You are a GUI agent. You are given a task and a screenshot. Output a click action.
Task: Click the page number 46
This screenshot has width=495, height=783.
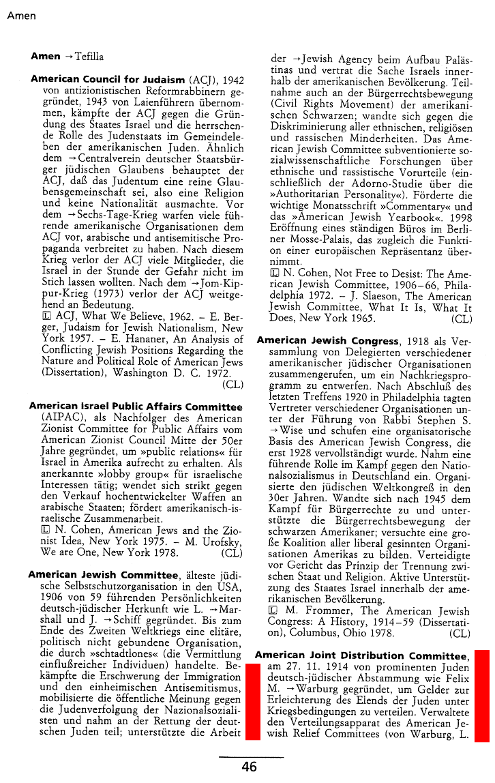(249, 767)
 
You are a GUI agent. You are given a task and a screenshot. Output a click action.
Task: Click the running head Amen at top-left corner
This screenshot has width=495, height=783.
(21, 16)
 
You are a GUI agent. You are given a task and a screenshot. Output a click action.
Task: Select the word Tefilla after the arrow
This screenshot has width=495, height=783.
(89, 56)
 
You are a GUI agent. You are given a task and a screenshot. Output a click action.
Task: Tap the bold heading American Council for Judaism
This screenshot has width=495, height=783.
(108, 80)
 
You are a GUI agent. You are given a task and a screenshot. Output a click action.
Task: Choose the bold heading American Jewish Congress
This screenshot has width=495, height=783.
(328, 341)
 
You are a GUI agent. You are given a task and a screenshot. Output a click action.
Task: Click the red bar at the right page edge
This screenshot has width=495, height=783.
(482, 695)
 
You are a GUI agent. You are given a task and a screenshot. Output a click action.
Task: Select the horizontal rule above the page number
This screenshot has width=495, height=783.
(250, 756)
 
